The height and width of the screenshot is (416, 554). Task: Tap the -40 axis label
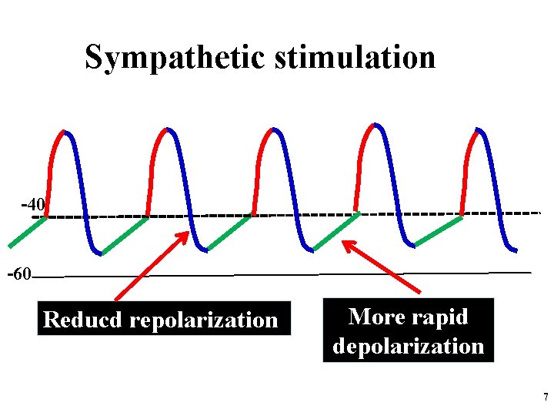(34, 205)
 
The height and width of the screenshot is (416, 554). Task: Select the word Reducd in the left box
(84, 320)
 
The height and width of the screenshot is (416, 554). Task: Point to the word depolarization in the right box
(409, 346)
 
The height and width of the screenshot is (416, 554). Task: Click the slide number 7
(545, 398)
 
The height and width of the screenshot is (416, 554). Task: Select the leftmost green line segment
(28, 232)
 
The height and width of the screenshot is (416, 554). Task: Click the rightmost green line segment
(439, 231)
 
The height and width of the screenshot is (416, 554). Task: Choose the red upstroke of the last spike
(466, 166)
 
